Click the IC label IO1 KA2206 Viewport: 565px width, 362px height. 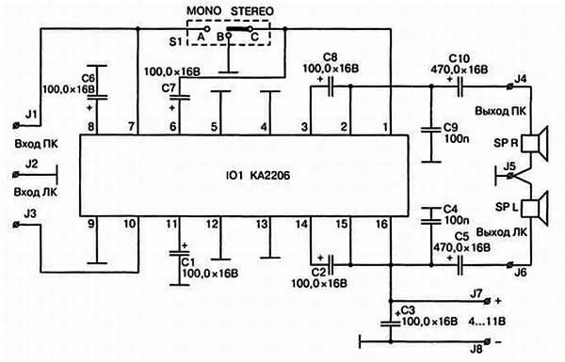click(x=258, y=176)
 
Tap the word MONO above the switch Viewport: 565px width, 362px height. click(x=204, y=10)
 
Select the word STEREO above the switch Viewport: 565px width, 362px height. click(x=252, y=10)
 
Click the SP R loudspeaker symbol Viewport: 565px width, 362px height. click(x=535, y=143)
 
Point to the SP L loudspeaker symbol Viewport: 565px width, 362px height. click(x=535, y=208)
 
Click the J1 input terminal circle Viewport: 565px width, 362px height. click(x=16, y=125)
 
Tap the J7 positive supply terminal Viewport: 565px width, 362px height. click(x=488, y=301)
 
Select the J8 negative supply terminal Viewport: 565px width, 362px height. click(x=488, y=340)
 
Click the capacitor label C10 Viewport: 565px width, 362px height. click(x=460, y=58)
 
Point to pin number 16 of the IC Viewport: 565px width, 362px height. click(x=381, y=224)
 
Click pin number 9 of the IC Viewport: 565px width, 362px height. click(x=90, y=224)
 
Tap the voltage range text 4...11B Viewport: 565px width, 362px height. click(x=487, y=321)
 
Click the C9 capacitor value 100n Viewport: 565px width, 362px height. click(x=456, y=138)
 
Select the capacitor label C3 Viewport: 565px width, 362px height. click(x=409, y=310)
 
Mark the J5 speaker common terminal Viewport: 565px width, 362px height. click(x=509, y=176)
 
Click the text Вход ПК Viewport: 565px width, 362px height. click(x=36, y=144)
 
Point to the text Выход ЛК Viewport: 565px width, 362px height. click(x=502, y=232)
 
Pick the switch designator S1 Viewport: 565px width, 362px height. click(x=175, y=41)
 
